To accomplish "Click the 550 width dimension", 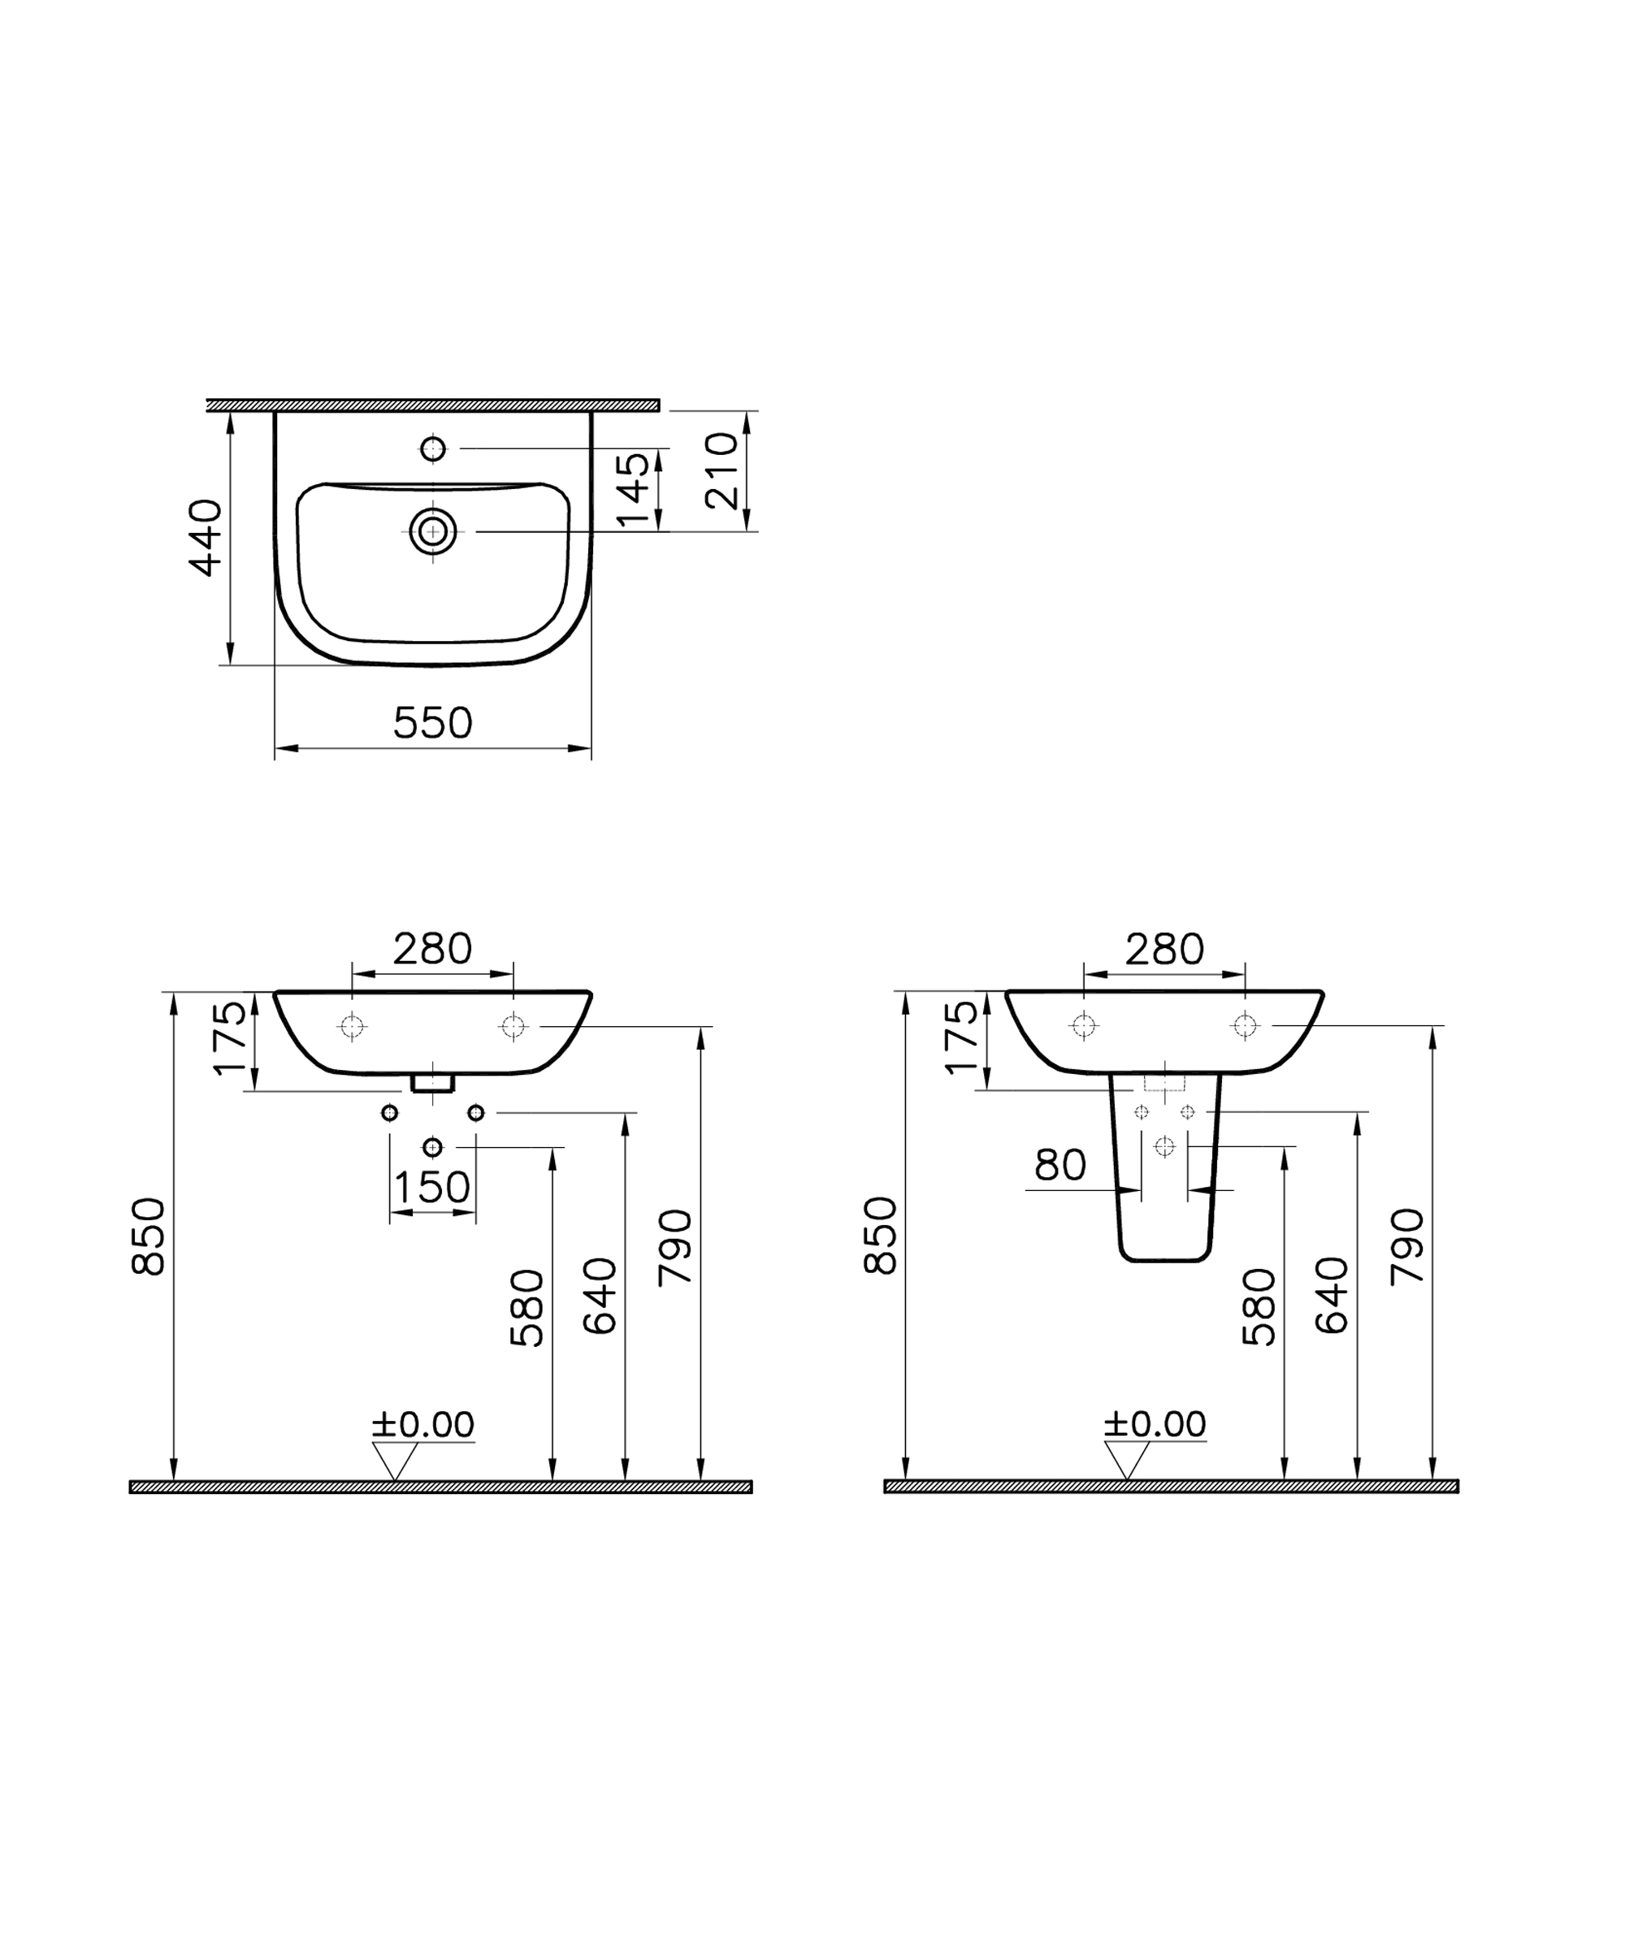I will tap(432, 722).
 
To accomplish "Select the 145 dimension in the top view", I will tap(634, 490).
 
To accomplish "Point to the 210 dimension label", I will tap(721, 471).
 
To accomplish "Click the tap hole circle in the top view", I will tap(432, 449).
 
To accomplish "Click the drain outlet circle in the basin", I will tap(432, 531).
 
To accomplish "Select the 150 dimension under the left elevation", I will tap(432, 1187).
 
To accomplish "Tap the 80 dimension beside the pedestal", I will tap(1059, 1165).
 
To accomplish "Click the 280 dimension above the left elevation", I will tap(432, 949).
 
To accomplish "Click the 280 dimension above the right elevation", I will tap(1164, 949).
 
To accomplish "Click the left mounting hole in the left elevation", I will tap(352, 1025).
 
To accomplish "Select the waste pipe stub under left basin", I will tap(432, 1082).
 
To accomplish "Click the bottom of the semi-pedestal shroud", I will tap(1164, 1258).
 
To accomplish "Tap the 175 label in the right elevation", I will tap(962, 1037).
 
